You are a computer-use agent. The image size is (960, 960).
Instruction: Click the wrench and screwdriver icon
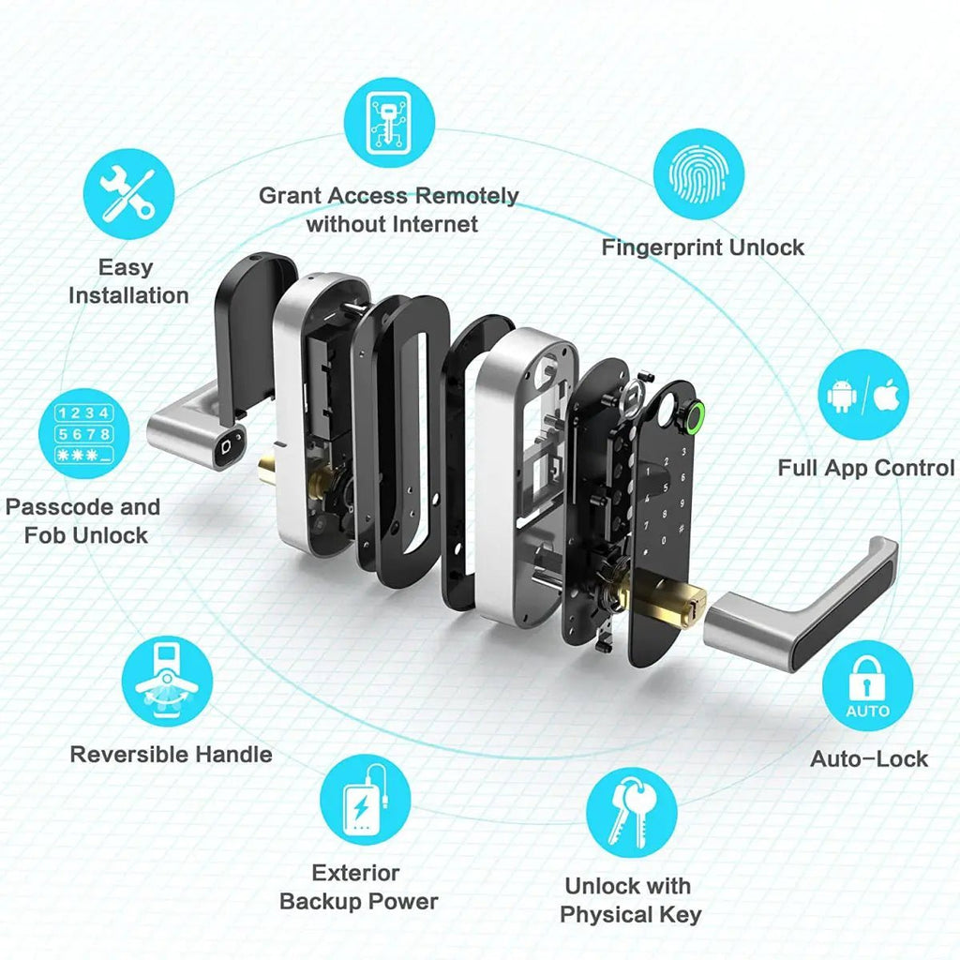128,194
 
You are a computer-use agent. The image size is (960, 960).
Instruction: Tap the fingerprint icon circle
698,173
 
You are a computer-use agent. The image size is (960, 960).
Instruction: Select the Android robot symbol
842,395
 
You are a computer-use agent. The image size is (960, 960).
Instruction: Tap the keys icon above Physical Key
631,812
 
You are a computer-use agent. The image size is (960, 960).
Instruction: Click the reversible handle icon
168,682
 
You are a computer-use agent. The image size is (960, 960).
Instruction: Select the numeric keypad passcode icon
83,434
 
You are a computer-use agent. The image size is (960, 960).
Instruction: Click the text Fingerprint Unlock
702,247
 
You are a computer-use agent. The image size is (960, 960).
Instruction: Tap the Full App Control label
865,468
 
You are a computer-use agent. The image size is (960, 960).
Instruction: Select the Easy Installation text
127,281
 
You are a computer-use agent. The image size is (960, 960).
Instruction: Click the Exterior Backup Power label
358,887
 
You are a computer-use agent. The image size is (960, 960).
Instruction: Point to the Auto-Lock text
868,758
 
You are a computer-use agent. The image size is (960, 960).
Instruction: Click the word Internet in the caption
433,224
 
